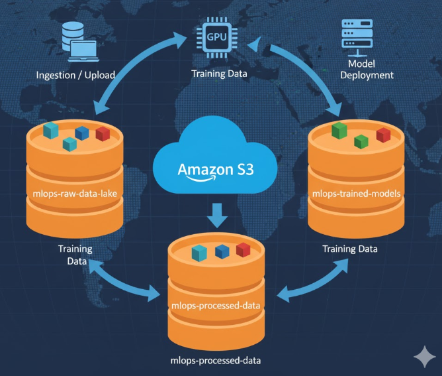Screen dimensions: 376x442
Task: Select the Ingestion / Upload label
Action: pos(75,75)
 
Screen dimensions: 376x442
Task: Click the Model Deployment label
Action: pos(366,69)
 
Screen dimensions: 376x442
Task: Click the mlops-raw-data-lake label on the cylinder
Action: pos(74,194)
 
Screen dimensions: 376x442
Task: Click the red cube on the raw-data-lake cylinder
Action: pos(103,133)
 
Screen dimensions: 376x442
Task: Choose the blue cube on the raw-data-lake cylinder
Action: pos(82,133)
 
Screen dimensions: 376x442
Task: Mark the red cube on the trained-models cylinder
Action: pos(383,135)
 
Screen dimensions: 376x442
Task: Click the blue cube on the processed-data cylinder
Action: pos(222,251)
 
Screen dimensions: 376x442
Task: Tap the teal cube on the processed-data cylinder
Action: pos(199,253)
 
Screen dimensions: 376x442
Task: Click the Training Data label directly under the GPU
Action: pos(219,74)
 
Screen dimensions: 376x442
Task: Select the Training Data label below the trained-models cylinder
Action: pos(350,249)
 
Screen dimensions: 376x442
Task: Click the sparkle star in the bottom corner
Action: pos(423,357)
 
